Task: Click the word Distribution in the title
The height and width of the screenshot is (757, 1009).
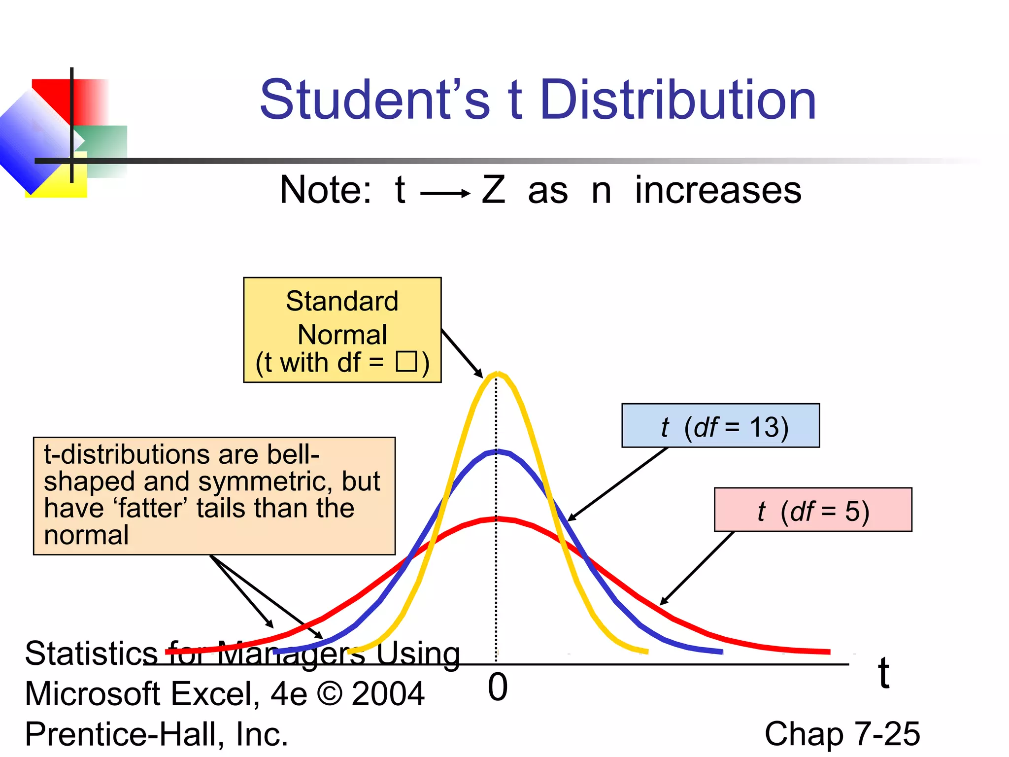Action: pyautogui.click(x=678, y=101)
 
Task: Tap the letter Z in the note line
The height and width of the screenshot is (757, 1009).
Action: pyautogui.click(x=494, y=190)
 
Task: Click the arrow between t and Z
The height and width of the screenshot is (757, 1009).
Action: pyautogui.click(x=445, y=194)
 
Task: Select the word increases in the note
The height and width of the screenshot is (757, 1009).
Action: pyautogui.click(x=718, y=190)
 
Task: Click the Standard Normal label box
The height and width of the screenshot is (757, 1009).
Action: pyautogui.click(x=342, y=330)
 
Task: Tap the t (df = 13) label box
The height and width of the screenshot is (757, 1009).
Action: pyautogui.click(x=720, y=426)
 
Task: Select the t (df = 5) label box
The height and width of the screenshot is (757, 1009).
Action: pyautogui.click(x=813, y=510)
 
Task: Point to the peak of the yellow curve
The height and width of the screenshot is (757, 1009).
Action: pyautogui.click(x=497, y=375)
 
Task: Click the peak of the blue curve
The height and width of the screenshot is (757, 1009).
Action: pyautogui.click(x=497, y=451)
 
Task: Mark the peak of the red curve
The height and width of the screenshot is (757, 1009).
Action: pyautogui.click(x=497, y=519)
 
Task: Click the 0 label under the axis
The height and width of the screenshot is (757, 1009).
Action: pyautogui.click(x=498, y=687)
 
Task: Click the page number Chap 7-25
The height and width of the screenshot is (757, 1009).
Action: pyautogui.click(x=842, y=734)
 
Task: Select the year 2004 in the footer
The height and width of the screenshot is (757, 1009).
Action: pyautogui.click(x=388, y=694)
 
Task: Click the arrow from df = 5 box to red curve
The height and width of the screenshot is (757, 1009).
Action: pyautogui.click(x=697, y=568)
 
